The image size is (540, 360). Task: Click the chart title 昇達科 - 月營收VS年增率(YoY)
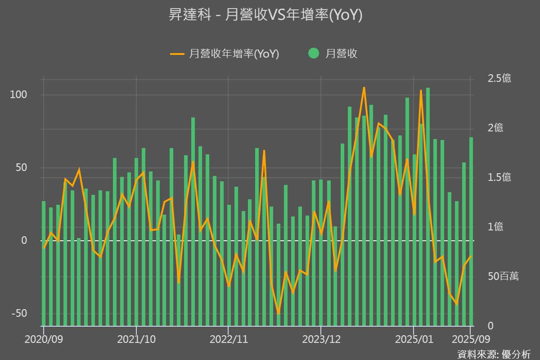265,15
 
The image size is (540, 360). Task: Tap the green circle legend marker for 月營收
314,54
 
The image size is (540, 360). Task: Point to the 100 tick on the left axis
19,95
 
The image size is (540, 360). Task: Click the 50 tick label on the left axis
22,168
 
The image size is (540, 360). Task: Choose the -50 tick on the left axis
19,314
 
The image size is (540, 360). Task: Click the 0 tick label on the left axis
25,241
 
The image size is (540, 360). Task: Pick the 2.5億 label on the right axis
499,78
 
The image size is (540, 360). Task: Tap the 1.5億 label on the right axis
499,177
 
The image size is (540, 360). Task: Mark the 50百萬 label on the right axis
503,276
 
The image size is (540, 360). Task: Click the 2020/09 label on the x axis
44,339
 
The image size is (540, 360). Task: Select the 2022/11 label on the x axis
228,339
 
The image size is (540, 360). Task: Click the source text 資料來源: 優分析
494,354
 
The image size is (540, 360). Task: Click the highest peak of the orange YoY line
364,88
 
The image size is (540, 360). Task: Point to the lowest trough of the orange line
278,314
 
